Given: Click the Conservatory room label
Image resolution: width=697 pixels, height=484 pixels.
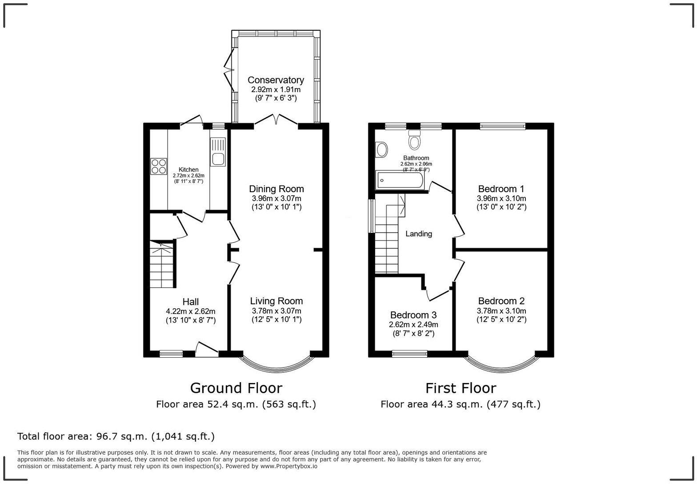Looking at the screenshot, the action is pyautogui.click(x=276, y=80).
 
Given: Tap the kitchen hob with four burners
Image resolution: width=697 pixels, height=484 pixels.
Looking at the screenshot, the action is pyautogui.click(x=159, y=166).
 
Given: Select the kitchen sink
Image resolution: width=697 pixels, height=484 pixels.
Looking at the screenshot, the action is pyautogui.click(x=218, y=152).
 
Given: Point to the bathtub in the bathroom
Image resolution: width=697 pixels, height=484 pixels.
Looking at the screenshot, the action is pyautogui.click(x=400, y=180).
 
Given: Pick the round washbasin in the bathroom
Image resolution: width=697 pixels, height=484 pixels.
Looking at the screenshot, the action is pyautogui.click(x=382, y=149).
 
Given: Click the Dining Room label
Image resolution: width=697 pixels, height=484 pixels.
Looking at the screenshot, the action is pyautogui.click(x=276, y=189).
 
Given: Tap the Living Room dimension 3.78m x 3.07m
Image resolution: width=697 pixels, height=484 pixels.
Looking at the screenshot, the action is pyautogui.click(x=276, y=311).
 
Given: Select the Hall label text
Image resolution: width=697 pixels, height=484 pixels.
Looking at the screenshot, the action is pyautogui.click(x=190, y=302).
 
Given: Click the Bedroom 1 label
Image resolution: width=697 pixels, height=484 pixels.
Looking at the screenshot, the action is pyautogui.click(x=501, y=189).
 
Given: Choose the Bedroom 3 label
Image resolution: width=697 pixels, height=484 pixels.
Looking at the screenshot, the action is pyautogui.click(x=413, y=315).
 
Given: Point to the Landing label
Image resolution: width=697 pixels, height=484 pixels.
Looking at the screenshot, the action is pyautogui.click(x=419, y=234).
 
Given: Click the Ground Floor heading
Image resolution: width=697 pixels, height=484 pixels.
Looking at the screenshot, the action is pyautogui.click(x=236, y=388).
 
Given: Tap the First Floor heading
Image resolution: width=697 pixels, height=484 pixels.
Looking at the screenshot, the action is pyautogui.click(x=461, y=388).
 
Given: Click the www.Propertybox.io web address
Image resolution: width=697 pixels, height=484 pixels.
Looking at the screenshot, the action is pyautogui.click(x=289, y=466).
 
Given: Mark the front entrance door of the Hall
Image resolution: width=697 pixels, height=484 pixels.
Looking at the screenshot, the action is pyautogui.click(x=207, y=350).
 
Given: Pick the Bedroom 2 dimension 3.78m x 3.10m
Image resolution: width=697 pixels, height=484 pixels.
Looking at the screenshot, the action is pyautogui.click(x=501, y=311).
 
